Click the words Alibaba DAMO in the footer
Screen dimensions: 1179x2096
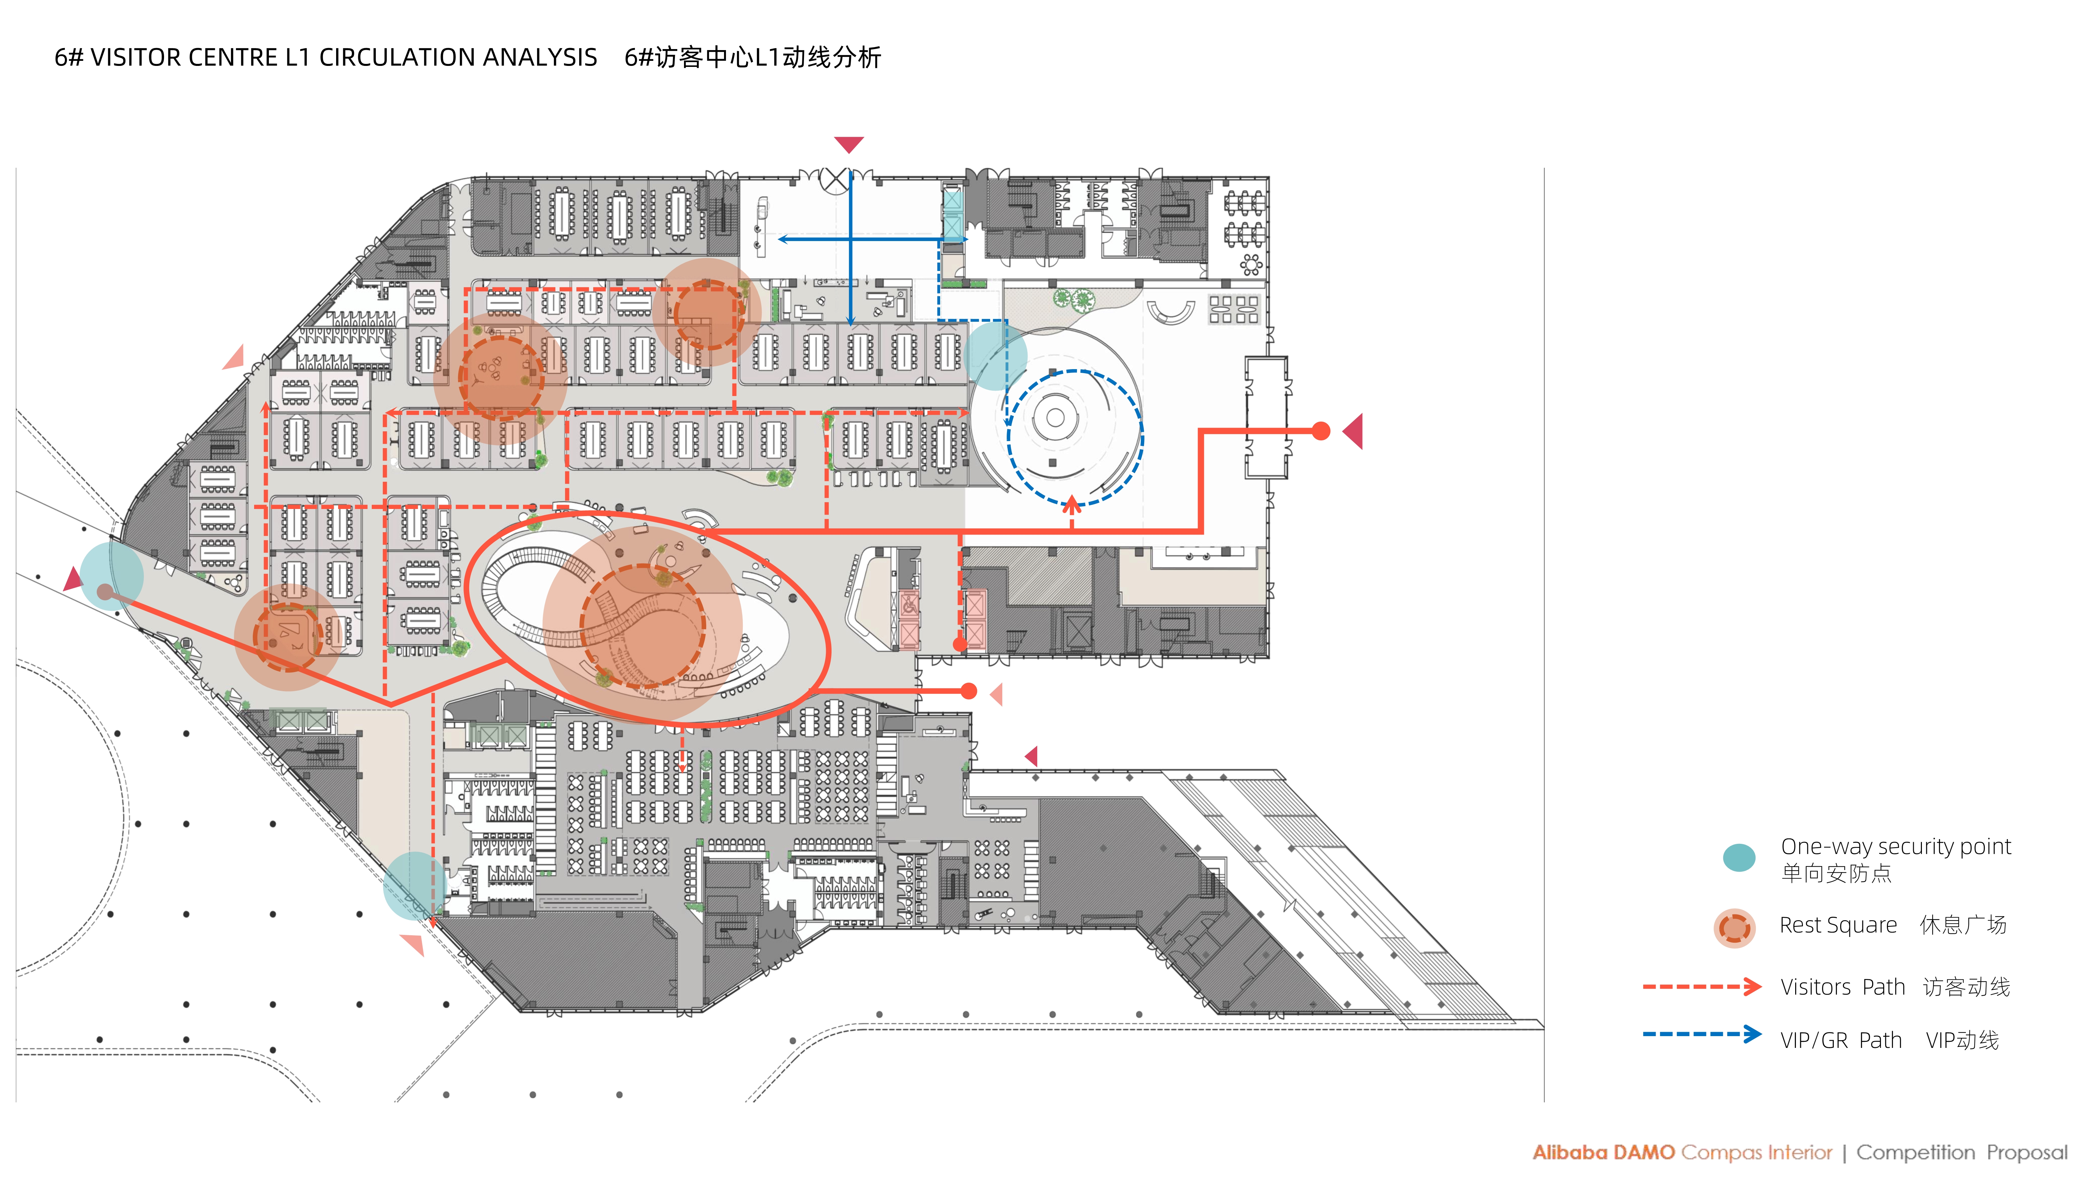pyautogui.click(x=1603, y=1152)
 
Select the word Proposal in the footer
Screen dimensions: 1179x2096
pyautogui.click(x=2026, y=1152)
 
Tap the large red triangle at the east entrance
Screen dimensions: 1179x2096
pyautogui.click(x=1354, y=431)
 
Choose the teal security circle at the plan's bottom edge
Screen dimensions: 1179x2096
pyautogui.click(x=415, y=885)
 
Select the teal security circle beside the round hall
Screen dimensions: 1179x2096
pyautogui.click(x=994, y=356)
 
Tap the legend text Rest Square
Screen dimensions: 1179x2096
pyautogui.click(x=1837, y=925)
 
